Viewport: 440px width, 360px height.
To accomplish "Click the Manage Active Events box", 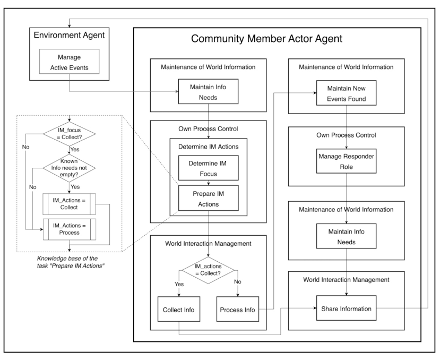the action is coord(70,62).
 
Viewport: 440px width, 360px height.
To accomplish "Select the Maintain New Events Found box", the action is coord(346,93).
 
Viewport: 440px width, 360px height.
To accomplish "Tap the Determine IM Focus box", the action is coord(209,168).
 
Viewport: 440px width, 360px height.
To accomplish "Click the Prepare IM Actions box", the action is coord(209,198).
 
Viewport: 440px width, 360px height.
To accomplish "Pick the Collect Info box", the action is coord(179,309).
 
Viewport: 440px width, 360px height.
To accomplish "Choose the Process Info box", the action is coord(238,309).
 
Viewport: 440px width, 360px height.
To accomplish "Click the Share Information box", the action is coord(346,308).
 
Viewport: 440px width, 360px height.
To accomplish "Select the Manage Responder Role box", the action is coord(346,161).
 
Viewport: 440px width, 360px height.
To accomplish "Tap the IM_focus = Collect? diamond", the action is coord(69,134).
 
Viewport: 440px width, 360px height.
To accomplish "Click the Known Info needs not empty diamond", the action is coord(69,168).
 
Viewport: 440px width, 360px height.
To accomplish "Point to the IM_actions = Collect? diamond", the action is coord(208,270).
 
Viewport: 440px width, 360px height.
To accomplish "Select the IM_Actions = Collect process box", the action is coord(69,204).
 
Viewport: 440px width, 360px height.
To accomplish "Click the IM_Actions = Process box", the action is coord(70,229).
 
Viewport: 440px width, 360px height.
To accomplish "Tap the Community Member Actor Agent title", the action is coord(266,38).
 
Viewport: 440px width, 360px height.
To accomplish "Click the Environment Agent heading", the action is coord(69,35).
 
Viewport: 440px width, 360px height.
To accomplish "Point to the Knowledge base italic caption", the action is coord(71,262).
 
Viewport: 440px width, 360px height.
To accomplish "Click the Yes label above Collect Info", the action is coord(179,284).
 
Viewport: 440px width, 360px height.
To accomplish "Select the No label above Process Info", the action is coord(238,281).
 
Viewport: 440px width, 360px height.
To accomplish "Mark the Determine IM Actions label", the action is coord(209,147).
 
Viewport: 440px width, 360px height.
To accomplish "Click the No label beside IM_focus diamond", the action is coord(26,147).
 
